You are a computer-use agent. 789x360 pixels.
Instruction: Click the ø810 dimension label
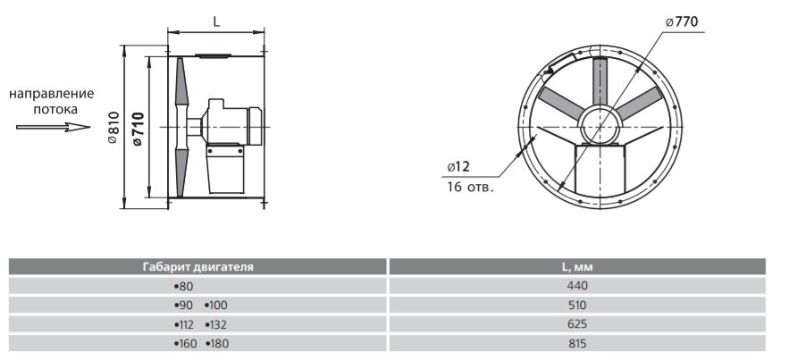[113, 128]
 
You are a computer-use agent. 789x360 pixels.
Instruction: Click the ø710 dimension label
[138, 129]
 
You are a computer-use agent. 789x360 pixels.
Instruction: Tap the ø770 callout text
[683, 21]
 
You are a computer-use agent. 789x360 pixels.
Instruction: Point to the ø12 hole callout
[457, 166]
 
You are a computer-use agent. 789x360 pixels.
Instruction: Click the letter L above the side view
[216, 21]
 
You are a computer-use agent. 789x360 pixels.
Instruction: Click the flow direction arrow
[54, 127]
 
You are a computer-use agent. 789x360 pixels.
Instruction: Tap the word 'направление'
[52, 94]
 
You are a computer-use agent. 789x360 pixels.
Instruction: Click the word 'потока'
[56, 109]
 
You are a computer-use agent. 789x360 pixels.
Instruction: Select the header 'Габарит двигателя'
[197, 267]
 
